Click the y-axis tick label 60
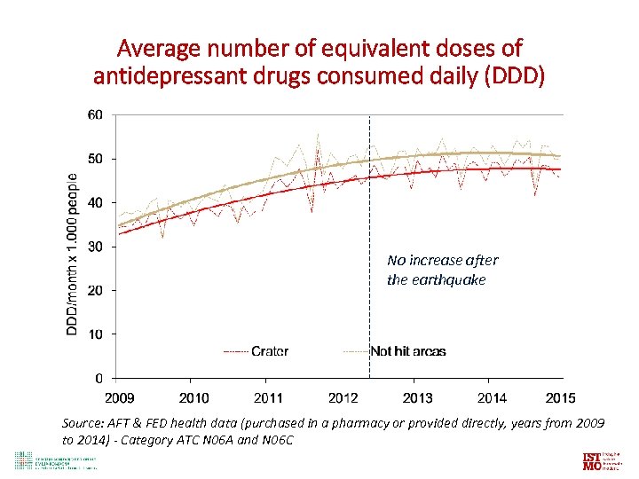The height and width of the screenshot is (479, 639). pos(95,114)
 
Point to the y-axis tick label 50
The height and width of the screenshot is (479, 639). pos(95,159)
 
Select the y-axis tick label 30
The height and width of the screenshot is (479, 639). pos(95,247)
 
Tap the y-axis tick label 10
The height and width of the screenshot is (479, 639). pos(95,334)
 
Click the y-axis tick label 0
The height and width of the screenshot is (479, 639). pos(99,378)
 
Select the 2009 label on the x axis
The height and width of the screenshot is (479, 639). pos(120,397)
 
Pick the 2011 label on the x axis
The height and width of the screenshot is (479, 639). pos(269,397)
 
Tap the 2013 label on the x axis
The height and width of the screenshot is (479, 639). pos(417,397)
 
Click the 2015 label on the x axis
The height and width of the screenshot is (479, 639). pos(560,397)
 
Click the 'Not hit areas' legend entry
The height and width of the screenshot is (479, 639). pos(407,351)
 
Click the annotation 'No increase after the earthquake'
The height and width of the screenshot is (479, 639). pos(442,270)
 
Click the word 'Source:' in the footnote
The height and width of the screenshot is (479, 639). pos(84,423)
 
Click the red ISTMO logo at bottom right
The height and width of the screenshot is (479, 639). pos(591,461)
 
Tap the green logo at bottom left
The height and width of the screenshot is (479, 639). pos(22,460)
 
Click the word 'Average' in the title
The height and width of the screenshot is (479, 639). pos(162,47)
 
